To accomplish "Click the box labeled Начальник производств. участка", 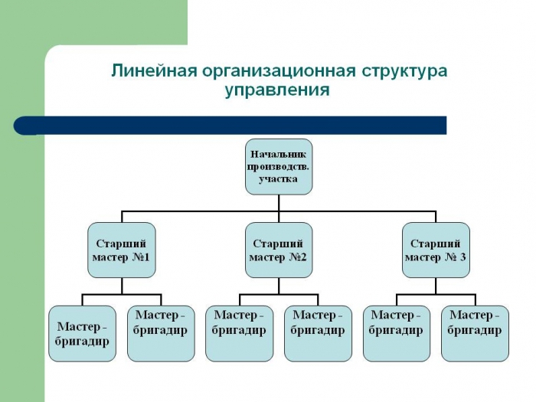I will pos(279,166).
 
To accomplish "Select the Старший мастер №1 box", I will pos(122,250).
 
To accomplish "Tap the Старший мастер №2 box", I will pos(279,250).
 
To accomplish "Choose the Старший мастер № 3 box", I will pos(436,250).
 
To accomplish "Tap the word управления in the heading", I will pos(277,90).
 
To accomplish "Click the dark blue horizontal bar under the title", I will pos(230,125).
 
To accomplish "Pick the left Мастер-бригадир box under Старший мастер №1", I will pos(82,333).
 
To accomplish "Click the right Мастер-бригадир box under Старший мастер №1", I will pos(161,333).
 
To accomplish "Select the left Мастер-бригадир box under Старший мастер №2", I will pos(240,333).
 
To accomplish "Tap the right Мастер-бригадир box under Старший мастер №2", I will pos(318,333).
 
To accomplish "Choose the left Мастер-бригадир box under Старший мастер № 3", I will pos(397,333).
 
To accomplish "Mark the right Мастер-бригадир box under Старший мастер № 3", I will pos(475,333).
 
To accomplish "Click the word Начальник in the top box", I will pos(279,153).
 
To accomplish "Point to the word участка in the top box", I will pos(279,178).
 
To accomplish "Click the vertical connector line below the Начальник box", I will pos(279,202).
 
